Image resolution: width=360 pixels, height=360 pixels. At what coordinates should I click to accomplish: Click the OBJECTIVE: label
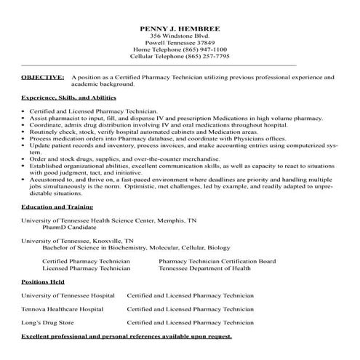[42, 76]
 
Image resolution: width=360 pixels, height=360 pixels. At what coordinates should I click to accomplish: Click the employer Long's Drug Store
[47, 321]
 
